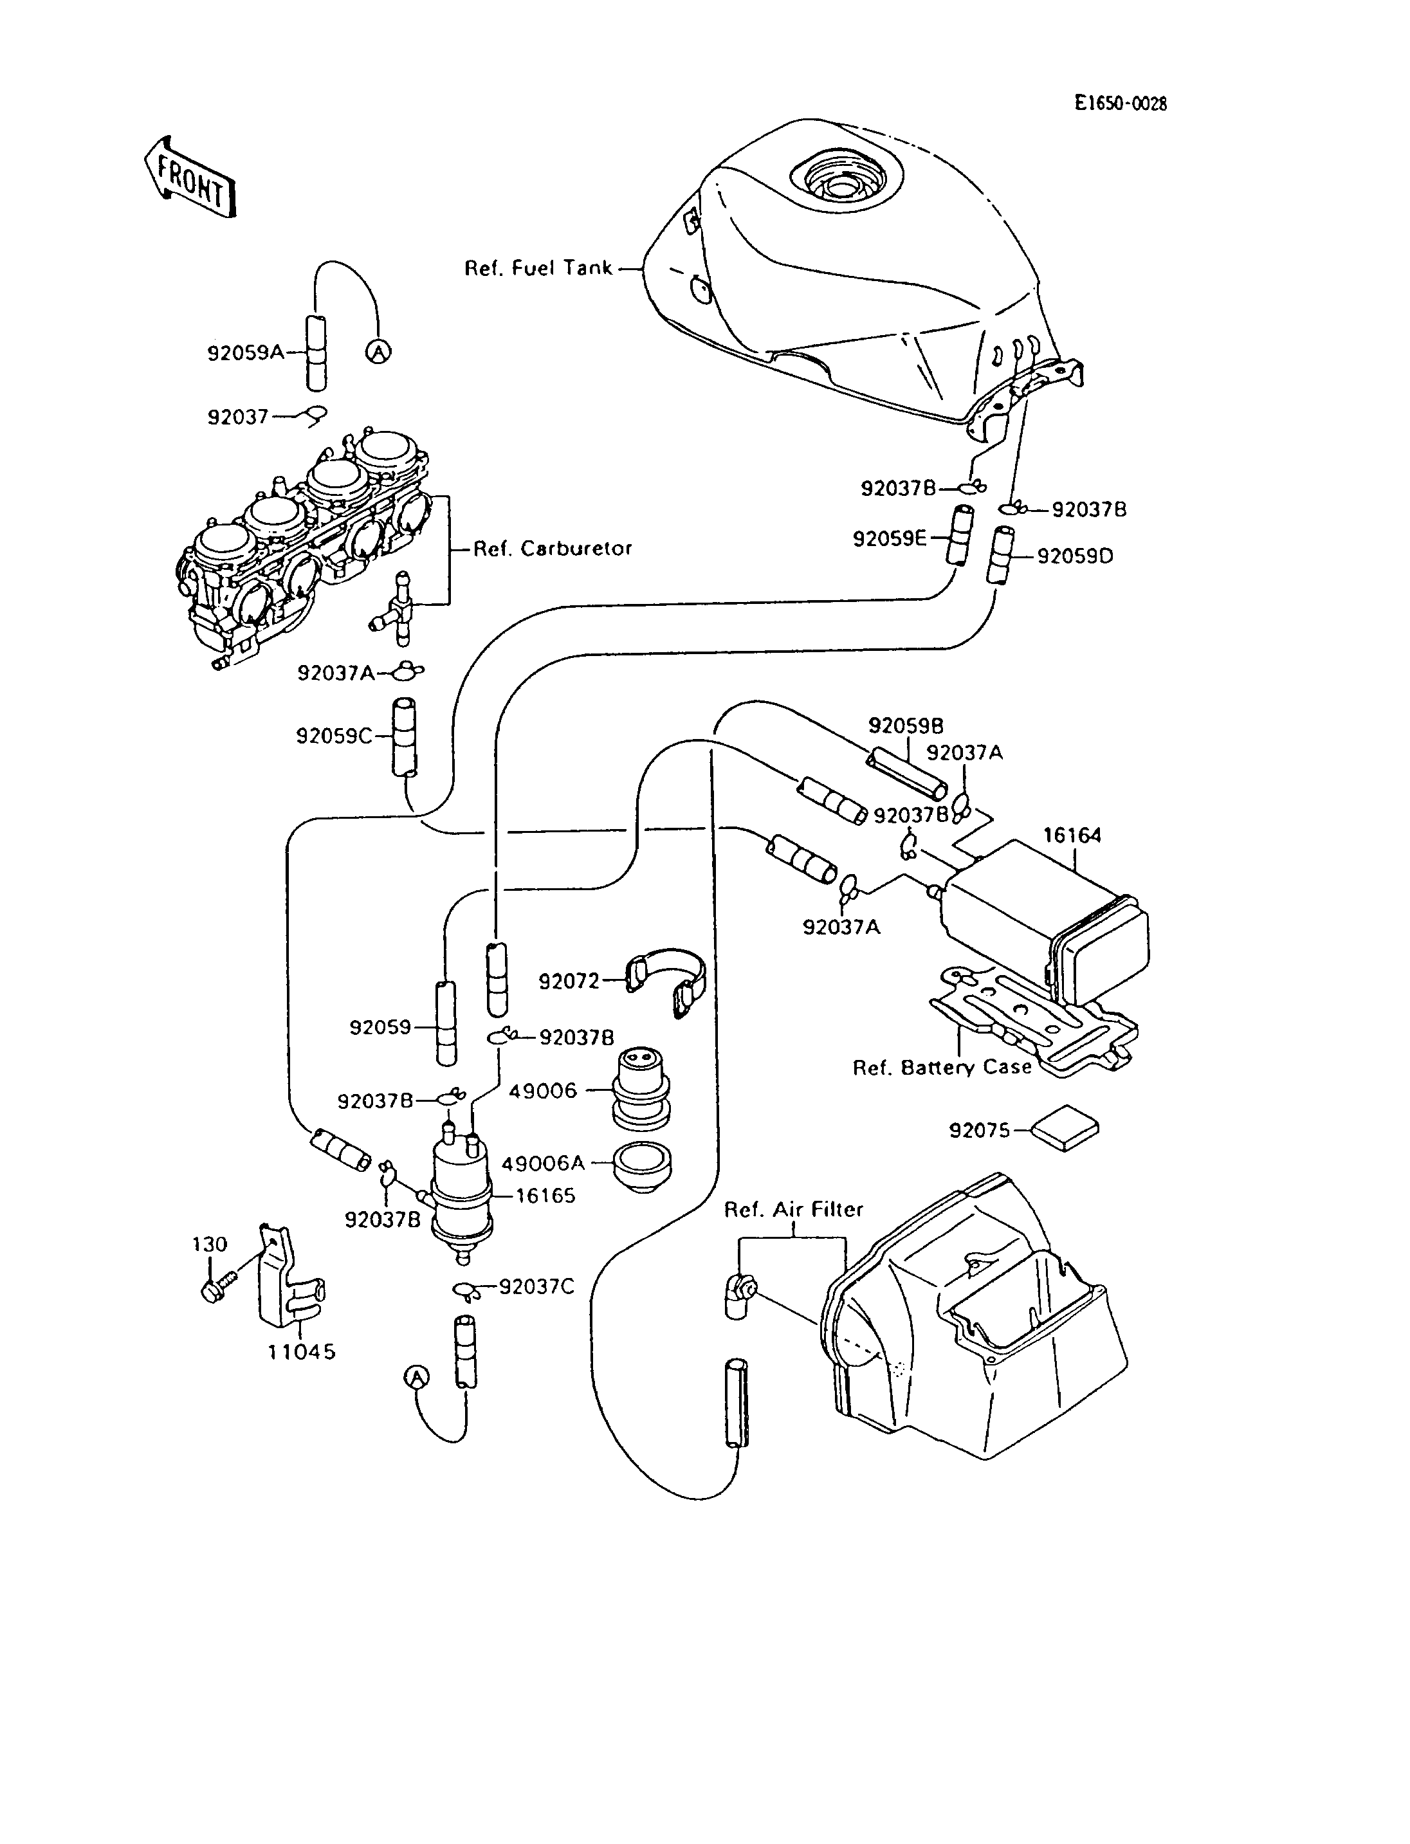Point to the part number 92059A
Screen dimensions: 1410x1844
click(x=246, y=352)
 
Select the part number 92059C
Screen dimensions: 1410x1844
click(x=334, y=736)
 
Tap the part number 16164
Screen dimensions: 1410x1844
click(x=1072, y=835)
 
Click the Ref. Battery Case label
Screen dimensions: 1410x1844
click(x=942, y=1068)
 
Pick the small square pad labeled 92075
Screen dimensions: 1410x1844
click(x=1064, y=1128)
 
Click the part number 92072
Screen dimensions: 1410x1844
click(x=569, y=981)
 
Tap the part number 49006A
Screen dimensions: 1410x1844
click(x=542, y=1164)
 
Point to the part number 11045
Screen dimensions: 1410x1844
click(x=301, y=1351)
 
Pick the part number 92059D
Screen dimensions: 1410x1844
click(x=1075, y=556)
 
